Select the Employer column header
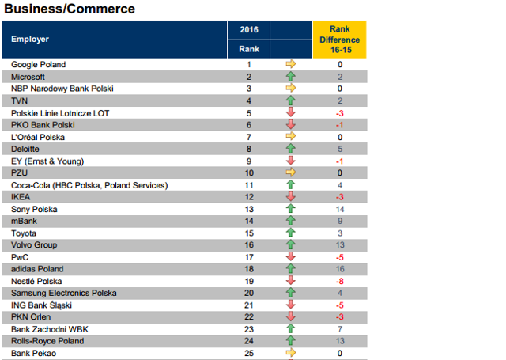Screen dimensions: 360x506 point(30,39)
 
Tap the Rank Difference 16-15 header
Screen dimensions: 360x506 point(339,39)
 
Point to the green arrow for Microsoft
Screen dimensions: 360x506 point(290,77)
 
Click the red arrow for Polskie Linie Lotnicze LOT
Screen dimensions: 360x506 point(290,113)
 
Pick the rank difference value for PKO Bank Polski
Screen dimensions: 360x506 point(339,125)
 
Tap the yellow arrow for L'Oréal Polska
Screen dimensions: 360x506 point(290,137)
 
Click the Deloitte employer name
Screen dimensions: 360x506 point(27,149)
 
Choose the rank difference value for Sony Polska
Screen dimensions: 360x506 point(339,209)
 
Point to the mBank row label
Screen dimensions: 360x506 point(25,222)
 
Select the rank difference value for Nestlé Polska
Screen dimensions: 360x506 point(339,282)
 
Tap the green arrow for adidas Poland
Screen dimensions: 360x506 point(290,269)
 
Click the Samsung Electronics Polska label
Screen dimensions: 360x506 point(63,294)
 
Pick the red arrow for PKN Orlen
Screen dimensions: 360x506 point(290,317)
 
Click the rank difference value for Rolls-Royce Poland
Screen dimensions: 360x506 point(339,341)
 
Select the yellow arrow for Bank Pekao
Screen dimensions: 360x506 point(290,354)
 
